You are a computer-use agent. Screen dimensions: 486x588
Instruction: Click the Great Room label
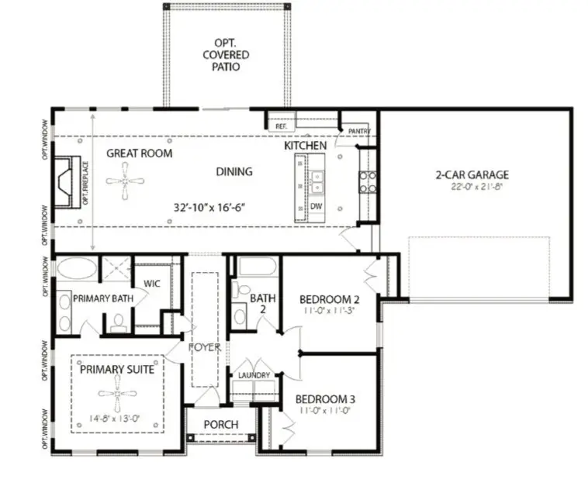click(140, 153)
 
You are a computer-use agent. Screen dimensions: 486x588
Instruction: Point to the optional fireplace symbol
click(65, 182)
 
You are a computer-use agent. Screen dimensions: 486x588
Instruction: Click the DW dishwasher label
click(316, 207)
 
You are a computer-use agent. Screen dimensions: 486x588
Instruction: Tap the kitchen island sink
click(316, 181)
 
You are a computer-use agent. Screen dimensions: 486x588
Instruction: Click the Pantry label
click(359, 131)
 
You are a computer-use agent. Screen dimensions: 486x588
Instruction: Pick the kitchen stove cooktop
click(368, 181)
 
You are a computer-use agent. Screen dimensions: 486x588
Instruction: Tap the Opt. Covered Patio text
click(227, 55)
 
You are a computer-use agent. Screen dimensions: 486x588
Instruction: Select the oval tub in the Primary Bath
click(77, 268)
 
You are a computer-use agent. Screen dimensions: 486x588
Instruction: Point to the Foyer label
click(205, 347)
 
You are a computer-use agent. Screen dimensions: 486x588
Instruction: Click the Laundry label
click(254, 376)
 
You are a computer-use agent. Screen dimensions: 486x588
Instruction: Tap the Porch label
click(220, 425)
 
